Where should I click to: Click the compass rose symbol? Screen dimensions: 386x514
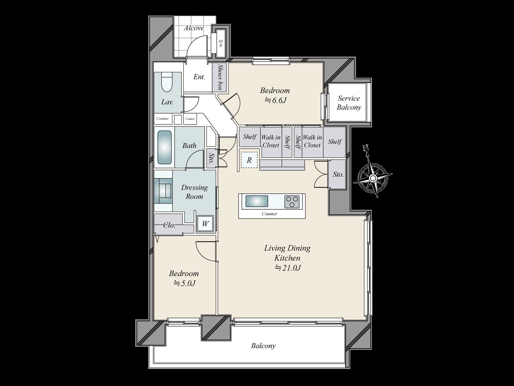click(373, 178)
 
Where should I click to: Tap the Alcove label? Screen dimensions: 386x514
click(194, 28)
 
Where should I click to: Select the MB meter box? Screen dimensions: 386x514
click(221, 43)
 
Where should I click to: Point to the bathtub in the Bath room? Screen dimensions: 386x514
click(164, 147)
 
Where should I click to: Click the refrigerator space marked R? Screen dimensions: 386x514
click(249, 160)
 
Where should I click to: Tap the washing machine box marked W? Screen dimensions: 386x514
click(205, 223)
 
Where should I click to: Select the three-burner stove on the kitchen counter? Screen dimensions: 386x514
click(292, 202)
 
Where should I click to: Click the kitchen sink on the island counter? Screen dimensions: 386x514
click(257, 201)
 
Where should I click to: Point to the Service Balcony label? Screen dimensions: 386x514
click(349, 103)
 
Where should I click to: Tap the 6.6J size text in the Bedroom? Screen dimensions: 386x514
click(275, 100)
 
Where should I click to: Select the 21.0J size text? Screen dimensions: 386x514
click(288, 268)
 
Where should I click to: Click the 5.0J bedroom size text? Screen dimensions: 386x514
click(184, 283)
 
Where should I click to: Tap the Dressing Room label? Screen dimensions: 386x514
click(194, 192)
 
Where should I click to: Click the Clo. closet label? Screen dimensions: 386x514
click(169, 225)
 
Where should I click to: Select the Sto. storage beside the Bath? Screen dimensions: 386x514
click(211, 158)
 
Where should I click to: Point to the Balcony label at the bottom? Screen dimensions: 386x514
click(263, 346)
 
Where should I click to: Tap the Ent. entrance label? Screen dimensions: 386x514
click(199, 77)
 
